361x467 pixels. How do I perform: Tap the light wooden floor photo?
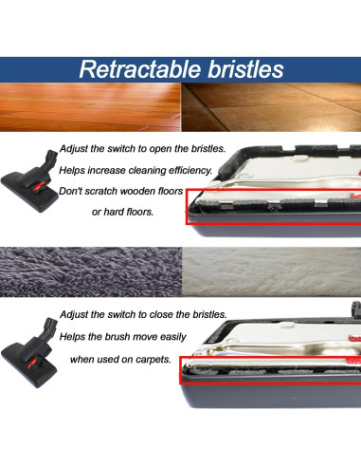click(90, 105)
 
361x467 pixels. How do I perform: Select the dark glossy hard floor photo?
click(270, 105)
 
